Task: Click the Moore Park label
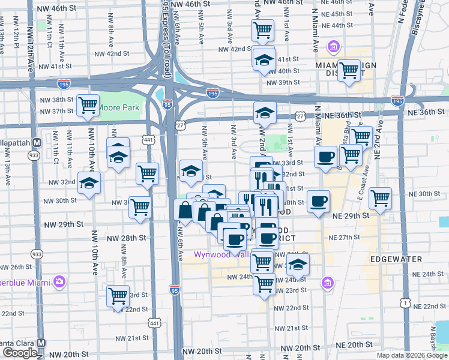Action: (119, 108)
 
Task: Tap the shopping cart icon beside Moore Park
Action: (88, 106)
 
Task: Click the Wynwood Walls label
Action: (222, 254)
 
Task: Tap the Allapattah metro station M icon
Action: (37, 143)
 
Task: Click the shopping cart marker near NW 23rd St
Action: (118, 295)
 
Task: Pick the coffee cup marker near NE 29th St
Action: (318, 200)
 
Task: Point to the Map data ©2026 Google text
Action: (412, 355)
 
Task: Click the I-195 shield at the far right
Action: (397, 101)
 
